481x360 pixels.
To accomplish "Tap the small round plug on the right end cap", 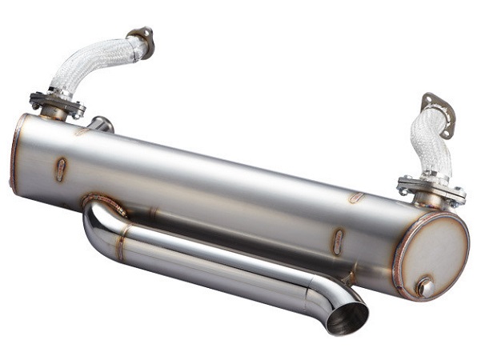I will [425, 286].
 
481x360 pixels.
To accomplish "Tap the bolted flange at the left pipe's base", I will [57, 103].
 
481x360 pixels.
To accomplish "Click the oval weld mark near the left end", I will [62, 169].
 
